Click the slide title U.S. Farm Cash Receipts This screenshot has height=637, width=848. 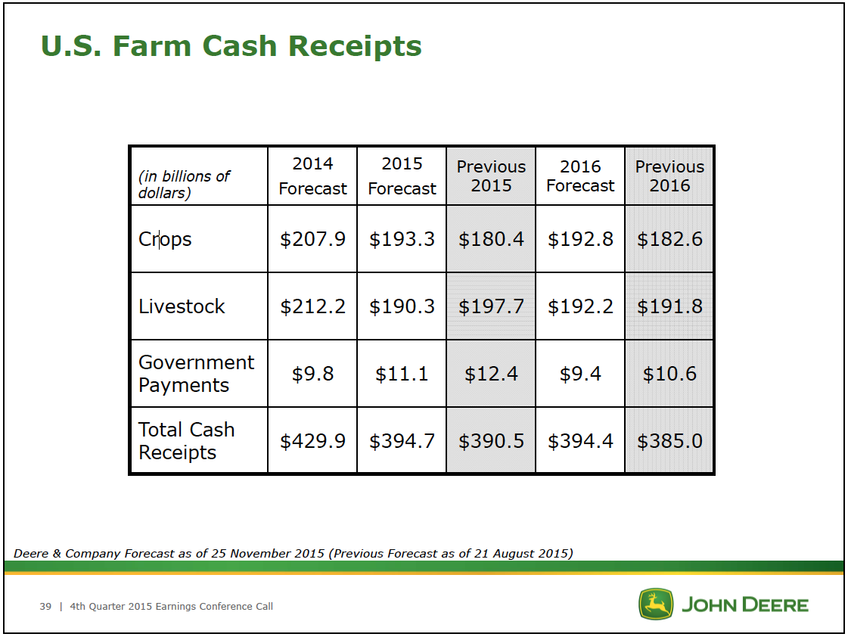(231, 46)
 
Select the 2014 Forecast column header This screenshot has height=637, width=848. (312, 176)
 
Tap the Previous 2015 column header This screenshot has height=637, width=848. (491, 176)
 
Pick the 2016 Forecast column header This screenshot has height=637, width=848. (580, 176)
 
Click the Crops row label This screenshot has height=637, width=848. (165, 239)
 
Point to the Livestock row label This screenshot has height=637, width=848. (182, 306)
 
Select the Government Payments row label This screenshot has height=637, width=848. (197, 374)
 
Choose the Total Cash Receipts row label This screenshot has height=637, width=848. (187, 441)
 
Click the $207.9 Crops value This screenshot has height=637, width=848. (312, 239)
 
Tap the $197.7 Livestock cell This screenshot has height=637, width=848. (491, 306)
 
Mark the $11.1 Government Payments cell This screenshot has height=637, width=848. (402, 374)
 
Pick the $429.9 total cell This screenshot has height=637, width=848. (312, 441)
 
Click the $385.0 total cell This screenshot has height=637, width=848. (669, 441)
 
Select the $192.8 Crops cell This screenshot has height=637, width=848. (580, 239)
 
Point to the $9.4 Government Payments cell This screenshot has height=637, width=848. (580, 374)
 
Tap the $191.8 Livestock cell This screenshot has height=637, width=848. (669, 306)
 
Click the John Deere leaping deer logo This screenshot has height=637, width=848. (656, 604)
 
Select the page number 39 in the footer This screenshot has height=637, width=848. (45, 607)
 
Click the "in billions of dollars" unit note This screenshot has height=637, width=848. (185, 185)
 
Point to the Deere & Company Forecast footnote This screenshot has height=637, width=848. (293, 553)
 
